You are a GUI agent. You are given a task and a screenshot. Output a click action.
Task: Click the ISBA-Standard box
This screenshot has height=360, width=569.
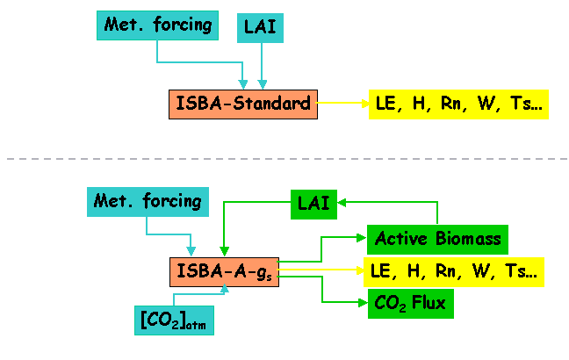[243, 104]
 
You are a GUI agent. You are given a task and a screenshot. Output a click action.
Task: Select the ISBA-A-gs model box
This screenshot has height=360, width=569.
[224, 272]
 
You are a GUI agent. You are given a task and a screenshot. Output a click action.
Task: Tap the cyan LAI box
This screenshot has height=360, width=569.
[260, 28]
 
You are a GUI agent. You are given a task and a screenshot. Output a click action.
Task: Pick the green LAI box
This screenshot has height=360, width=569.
[313, 205]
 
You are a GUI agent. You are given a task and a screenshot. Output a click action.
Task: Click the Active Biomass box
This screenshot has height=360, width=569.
[437, 240]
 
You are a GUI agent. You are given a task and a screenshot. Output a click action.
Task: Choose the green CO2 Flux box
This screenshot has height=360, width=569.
[411, 304]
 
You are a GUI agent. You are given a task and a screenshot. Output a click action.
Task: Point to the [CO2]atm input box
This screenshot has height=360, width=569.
[174, 320]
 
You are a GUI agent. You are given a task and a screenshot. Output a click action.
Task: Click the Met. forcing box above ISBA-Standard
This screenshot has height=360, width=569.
[157, 25]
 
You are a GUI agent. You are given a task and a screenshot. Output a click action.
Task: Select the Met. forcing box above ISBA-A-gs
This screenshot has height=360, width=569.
[148, 202]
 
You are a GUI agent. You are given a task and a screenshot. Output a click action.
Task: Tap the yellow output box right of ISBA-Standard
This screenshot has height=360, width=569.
[458, 104]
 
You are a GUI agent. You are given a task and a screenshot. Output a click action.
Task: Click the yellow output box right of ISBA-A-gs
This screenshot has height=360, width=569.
[454, 272]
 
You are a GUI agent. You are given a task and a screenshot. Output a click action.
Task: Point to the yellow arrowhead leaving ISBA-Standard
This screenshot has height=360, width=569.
[364, 104]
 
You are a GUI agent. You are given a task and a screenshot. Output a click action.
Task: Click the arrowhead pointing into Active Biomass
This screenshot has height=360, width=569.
[362, 238]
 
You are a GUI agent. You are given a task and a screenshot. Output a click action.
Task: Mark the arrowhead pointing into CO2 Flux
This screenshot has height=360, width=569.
[363, 302]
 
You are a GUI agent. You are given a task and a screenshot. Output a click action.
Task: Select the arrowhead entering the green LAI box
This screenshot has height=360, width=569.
[342, 203]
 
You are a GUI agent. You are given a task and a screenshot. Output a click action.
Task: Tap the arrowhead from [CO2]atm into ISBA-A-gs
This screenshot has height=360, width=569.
[225, 289]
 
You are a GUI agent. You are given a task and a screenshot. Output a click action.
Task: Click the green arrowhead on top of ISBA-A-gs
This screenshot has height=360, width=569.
[224, 251]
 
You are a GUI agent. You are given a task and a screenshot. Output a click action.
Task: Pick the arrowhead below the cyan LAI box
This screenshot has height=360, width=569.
[263, 84]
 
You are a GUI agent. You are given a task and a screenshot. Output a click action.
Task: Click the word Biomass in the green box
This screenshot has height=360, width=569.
[468, 239]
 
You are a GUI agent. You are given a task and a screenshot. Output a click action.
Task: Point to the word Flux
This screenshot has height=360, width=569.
[429, 302]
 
